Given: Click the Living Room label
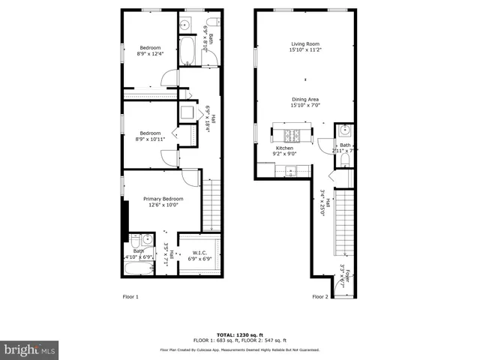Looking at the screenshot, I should click(x=305, y=47).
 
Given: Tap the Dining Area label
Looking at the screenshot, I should click(x=305, y=102).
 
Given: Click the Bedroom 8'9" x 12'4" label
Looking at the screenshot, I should click(x=148, y=50).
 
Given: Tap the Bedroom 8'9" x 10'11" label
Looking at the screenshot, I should click(x=150, y=136).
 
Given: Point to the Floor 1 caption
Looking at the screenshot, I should click(x=130, y=297).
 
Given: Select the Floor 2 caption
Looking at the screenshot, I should click(x=320, y=297).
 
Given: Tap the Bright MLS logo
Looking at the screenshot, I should click(x=28, y=349).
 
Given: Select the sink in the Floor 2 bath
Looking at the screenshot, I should click(x=345, y=130).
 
